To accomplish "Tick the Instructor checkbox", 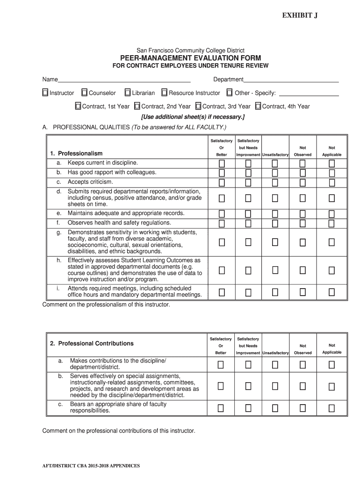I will tap(45, 93).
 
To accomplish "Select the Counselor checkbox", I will tap(85, 93).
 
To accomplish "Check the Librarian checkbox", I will tap(127, 93).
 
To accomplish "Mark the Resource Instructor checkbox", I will tap(165, 93).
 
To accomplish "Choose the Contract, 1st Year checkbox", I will tap(79, 106).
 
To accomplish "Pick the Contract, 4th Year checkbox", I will tap(259, 106).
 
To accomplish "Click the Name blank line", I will tap(124, 80).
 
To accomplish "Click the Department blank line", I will tap(291, 80).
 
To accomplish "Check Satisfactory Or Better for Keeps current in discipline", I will tap(222, 163).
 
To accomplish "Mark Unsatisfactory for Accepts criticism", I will tap(275, 182).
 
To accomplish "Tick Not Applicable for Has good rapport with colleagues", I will tap(331, 173).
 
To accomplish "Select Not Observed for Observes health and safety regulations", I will tap(302, 223).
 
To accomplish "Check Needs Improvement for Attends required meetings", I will tap(248, 292).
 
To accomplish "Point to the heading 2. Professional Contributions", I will tap(92, 343).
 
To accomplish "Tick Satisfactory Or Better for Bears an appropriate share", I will tap(221, 408).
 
